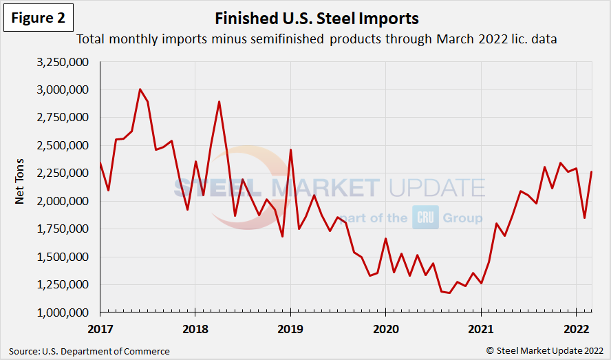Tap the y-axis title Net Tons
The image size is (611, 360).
pyautogui.click(x=21, y=187)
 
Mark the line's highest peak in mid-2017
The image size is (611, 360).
pyautogui.click(x=140, y=89)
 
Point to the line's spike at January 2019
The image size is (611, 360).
pyautogui.click(x=290, y=150)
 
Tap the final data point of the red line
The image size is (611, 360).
pyautogui.click(x=592, y=172)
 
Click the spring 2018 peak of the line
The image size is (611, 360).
pyautogui.click(x=219, y=102)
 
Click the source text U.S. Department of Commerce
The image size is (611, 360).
pyautogui.click(x=89, y=351)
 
